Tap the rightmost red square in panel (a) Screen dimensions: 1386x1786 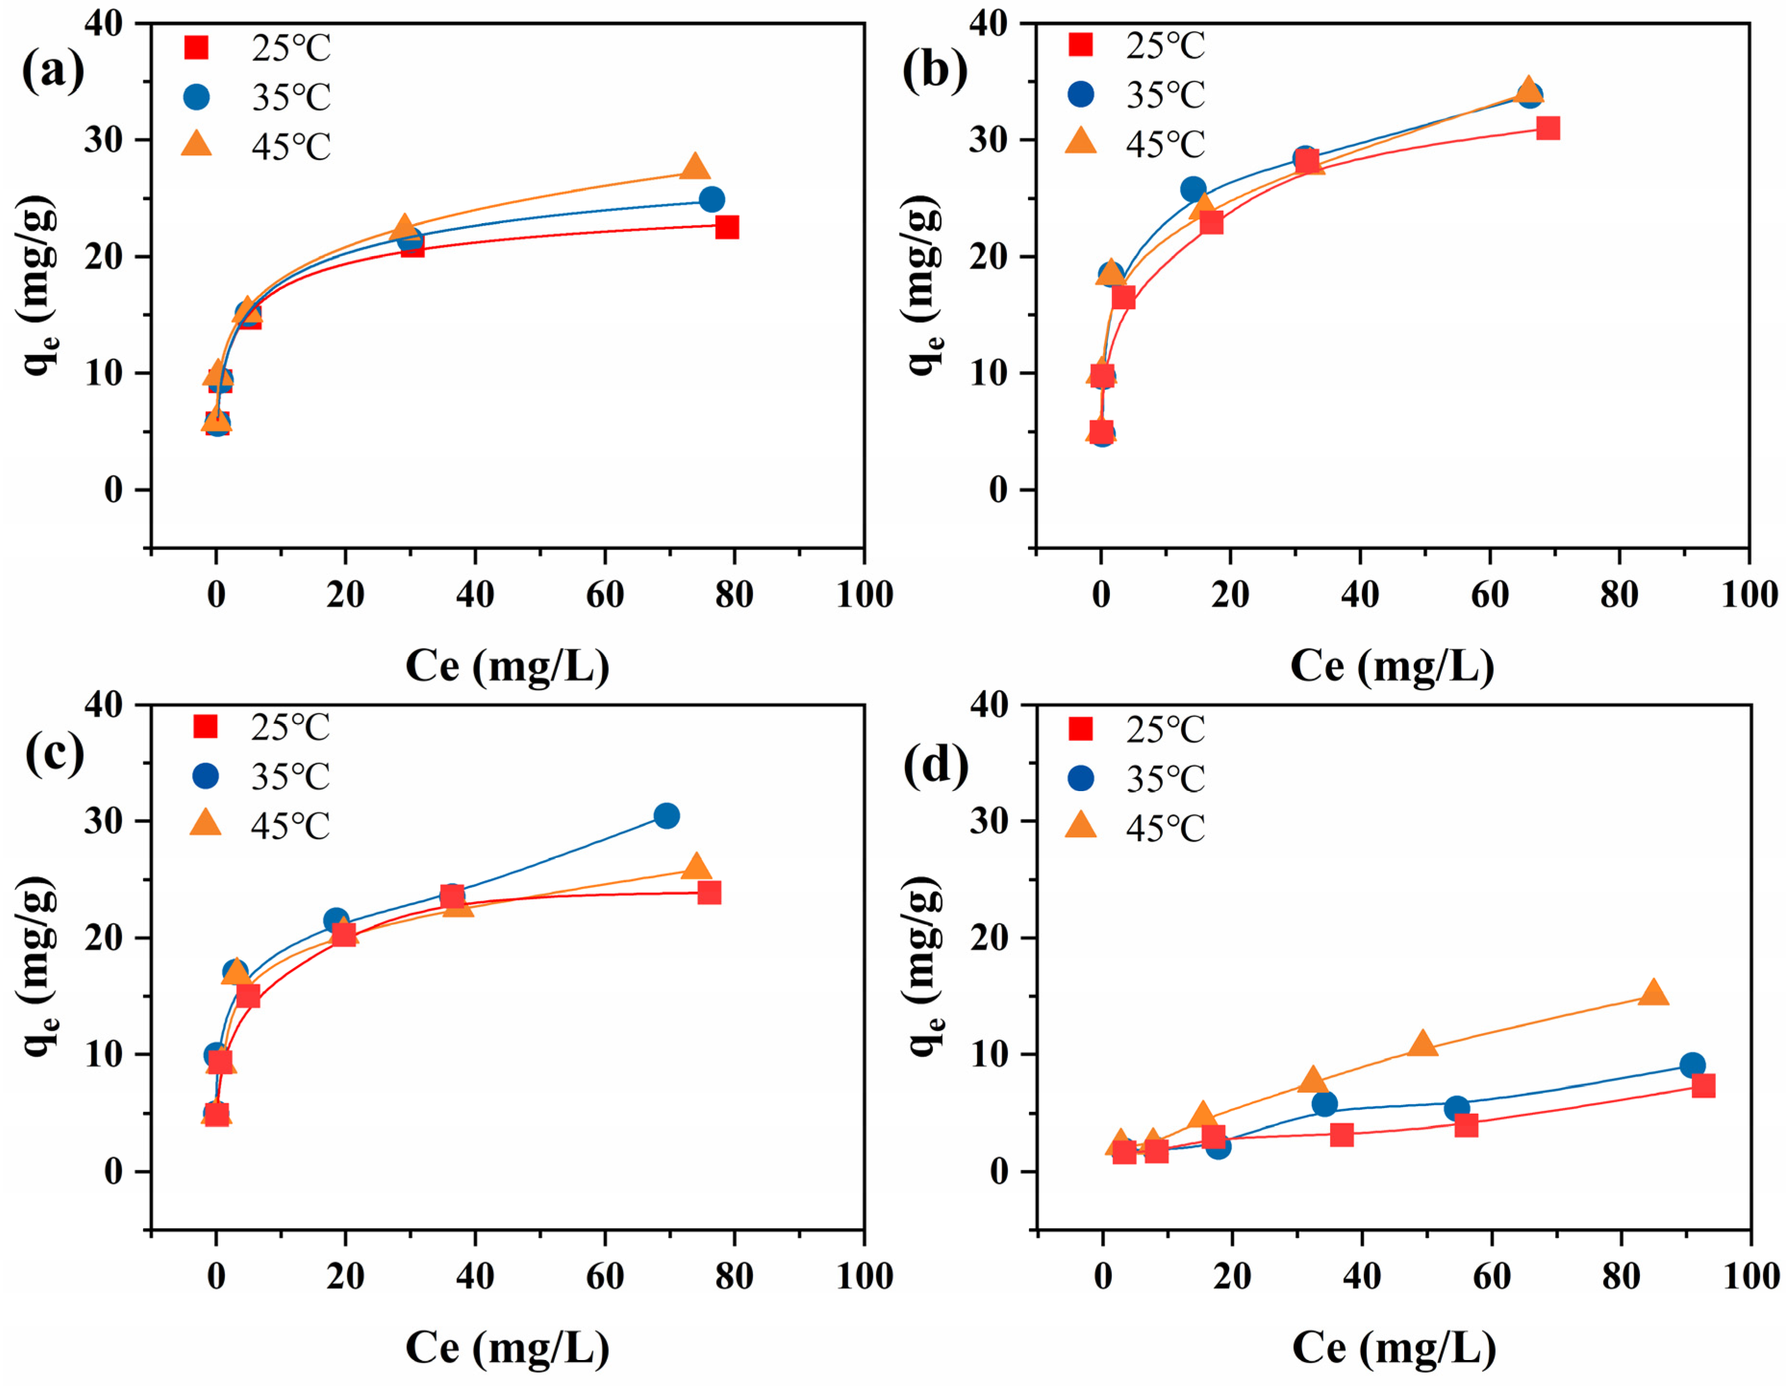[726, 227]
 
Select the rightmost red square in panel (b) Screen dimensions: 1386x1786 [1547, 128]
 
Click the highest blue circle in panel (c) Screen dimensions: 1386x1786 [667, 815]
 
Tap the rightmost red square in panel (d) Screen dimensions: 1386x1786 [1703, 1086]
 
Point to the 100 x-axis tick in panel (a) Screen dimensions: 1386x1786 [864, 595]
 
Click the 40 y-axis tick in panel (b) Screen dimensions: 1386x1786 [988, 23]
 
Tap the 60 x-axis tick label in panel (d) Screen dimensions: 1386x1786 [1491, 1276]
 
